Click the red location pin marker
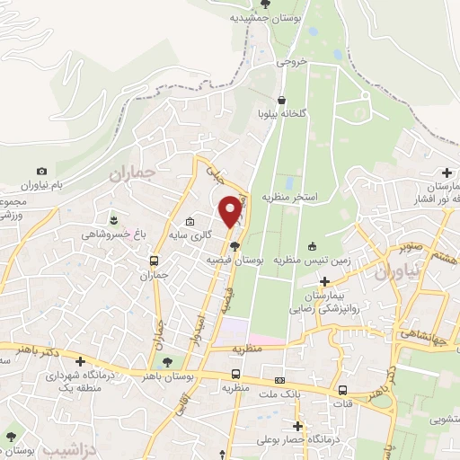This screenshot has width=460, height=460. (233, 210)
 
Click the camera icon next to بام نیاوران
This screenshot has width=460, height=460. (41, 171)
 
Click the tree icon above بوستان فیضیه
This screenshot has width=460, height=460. (234, 246)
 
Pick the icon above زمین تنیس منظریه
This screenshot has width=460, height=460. (312, 247)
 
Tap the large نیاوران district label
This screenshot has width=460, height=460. (394, 271)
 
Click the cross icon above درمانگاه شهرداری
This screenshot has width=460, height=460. (81, 362)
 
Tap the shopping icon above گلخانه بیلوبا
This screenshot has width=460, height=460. (282, 100)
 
